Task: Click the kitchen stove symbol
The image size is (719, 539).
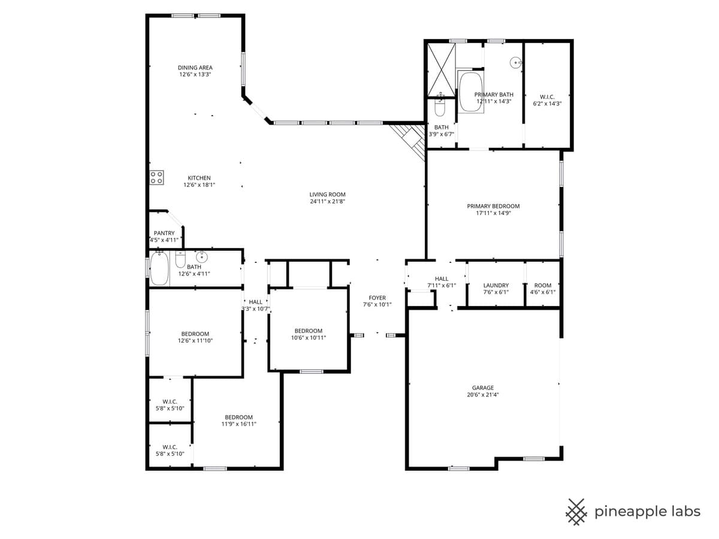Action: coord(156,177)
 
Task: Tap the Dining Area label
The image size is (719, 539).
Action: coord(195,68)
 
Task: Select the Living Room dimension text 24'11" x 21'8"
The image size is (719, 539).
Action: coord(327,202)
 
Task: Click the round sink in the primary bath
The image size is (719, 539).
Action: coord(515,62)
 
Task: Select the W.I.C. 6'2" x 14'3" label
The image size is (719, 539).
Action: coord(547,100)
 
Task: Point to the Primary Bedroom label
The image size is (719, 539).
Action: coord(493,206)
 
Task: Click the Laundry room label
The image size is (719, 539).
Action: coord(496,286)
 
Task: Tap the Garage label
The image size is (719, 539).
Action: coord(482,388)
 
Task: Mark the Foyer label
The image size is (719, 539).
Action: coord(377,298)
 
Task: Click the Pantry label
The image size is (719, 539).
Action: coord(164,233)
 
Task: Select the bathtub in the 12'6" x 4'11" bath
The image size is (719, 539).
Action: coord(159,269)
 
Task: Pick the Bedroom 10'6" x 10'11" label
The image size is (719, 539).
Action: coord(308,331)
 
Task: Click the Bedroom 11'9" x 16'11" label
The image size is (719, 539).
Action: coord(238,417)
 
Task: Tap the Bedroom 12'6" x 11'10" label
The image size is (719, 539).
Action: coord(195,334)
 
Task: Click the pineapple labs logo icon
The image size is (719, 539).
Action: coord(576,511)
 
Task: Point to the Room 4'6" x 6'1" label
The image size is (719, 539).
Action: coord(542,286)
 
